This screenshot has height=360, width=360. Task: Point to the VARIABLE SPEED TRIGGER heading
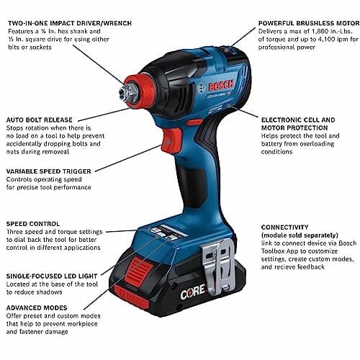[48, 172]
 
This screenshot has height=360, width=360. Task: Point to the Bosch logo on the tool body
[200, 88]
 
